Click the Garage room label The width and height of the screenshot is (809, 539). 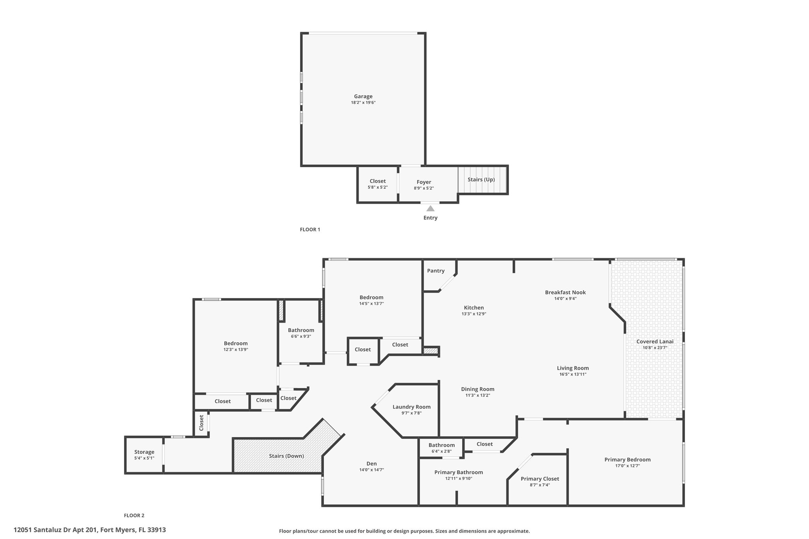click(x=363, y=96)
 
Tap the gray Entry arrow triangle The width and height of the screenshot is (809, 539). click(x=430, y=208)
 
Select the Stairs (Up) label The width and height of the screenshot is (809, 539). click(x=481, y=180)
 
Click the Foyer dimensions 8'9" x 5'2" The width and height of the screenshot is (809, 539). click(x=424, y=188)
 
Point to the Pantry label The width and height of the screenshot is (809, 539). click(x=436, y=271)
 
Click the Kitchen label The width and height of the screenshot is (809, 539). click(x=474, y=308)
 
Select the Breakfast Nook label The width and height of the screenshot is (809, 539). click(x=565, y=293)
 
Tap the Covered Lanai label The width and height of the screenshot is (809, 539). click(x=655, y=342)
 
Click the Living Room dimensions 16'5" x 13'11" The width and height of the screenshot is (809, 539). click(x=573, y=374)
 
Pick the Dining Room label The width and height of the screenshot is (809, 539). click(x=478, y=389)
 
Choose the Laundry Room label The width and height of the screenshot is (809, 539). click(x=412, y=407)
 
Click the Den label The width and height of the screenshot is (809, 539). click(x=371, y=464)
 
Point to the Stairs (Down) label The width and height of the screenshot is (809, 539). click(x=286, y=456)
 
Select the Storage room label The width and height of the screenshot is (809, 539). click(x=144, y=452)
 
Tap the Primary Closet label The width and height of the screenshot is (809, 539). click(x=540, y=479)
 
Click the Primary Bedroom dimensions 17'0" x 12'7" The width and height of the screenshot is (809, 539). click(x=627, y=466)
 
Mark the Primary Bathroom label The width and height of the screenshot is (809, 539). click(x=459, y=472)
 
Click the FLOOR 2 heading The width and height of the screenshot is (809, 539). click(x=134, y=515)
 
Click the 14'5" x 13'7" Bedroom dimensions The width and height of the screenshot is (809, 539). click(x=371, y=304)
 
